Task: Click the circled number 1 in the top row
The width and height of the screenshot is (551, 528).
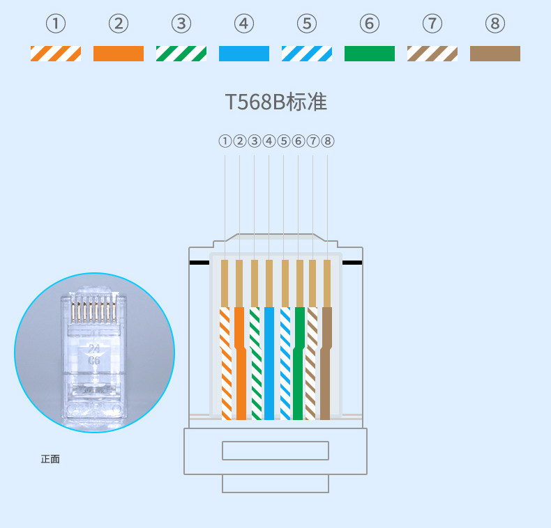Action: (x=56, y=24)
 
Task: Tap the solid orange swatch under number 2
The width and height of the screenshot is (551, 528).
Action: (x=119, y=54)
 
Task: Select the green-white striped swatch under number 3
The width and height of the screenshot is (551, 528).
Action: (x=181, y=54)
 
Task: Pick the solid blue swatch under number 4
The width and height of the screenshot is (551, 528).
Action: (x=244, y=54)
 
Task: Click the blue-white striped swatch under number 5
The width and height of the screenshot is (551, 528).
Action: (x=307, y=54)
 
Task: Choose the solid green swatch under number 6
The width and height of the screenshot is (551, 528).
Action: (x=370, y=54)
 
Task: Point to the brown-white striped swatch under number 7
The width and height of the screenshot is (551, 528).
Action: (x=432, y=54)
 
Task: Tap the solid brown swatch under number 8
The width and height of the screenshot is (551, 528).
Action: (x=495, y=54)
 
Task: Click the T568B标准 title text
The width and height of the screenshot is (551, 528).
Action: (x=276, y=102)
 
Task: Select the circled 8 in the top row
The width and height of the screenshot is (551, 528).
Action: (x=495, y=24)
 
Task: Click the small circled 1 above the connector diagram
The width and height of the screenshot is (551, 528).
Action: (x=225, y=141)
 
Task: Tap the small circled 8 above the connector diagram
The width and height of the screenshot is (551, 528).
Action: (x=327, y=141)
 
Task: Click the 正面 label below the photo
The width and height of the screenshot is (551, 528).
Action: (x=50, y=459)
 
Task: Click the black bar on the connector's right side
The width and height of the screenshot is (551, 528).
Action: (x=352, y=263)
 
